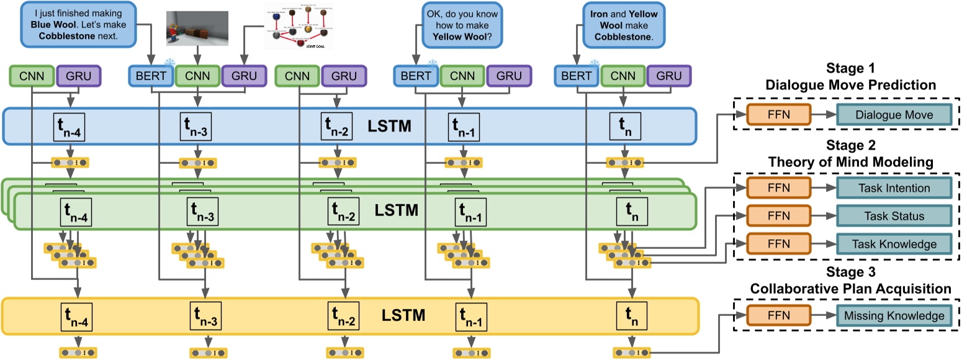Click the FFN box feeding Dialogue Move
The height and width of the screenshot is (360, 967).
point(779,115)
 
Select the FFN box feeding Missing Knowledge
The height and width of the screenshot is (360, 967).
point(779,315)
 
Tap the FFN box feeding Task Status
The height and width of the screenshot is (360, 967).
point(779,215)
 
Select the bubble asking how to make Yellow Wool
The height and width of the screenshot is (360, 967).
point(463,25)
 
